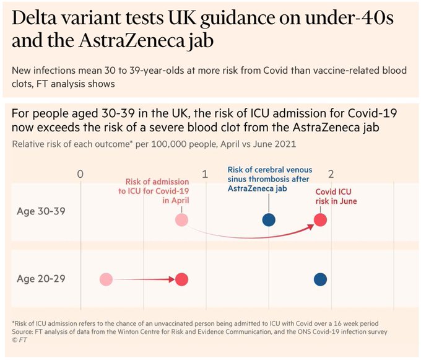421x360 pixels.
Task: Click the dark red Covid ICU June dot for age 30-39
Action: [x=320, y=220]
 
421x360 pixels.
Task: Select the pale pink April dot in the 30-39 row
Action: [x=181, y=220]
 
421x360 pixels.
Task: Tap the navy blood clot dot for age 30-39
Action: [x=269, y=220]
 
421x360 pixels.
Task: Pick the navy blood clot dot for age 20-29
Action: [x=320, y=279]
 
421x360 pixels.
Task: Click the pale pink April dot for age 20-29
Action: [x=106, y=279]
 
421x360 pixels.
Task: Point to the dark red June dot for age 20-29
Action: [x=181, y=279]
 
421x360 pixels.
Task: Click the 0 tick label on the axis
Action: [x=80, y=173]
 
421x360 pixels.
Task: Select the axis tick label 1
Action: [x=206, y=173]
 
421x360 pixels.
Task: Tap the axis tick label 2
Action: [x=331, y=173]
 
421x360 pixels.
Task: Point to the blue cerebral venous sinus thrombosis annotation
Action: [x=269, y=179]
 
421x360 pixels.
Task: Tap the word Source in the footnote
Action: [x=24, y=332]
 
